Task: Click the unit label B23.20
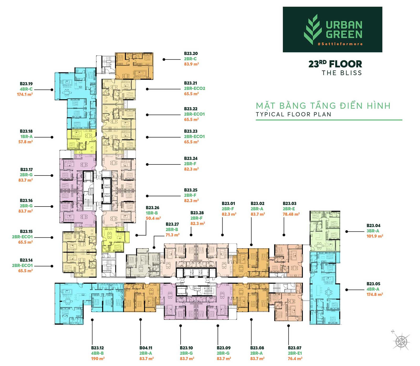(x=191, y=54)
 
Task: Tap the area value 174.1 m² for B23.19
(x=25, y=94)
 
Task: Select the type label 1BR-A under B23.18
(x=26, y=137)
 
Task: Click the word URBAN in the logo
(x=344, y=25)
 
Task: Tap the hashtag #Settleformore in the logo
(x=340, y=44)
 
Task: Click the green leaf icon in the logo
(x=313, y=29)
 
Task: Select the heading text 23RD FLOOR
(x=335, y=64)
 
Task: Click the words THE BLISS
(x=342, y=73)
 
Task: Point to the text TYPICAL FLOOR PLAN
(x=293, y=114)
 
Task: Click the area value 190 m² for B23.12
(x=98, y=359)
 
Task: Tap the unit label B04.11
(x=146, y=348)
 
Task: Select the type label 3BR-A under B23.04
(x=373, y=231)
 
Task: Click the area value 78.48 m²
(x=291, y=214)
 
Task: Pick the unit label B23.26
(x=153, y=208)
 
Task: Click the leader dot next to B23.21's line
(x=147, y=89)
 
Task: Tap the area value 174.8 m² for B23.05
(x=375, y=294)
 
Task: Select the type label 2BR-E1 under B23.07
(x=295, y=353)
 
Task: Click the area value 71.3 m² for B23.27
(x=172, y=235)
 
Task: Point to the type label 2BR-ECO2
(x=195, y=88)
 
